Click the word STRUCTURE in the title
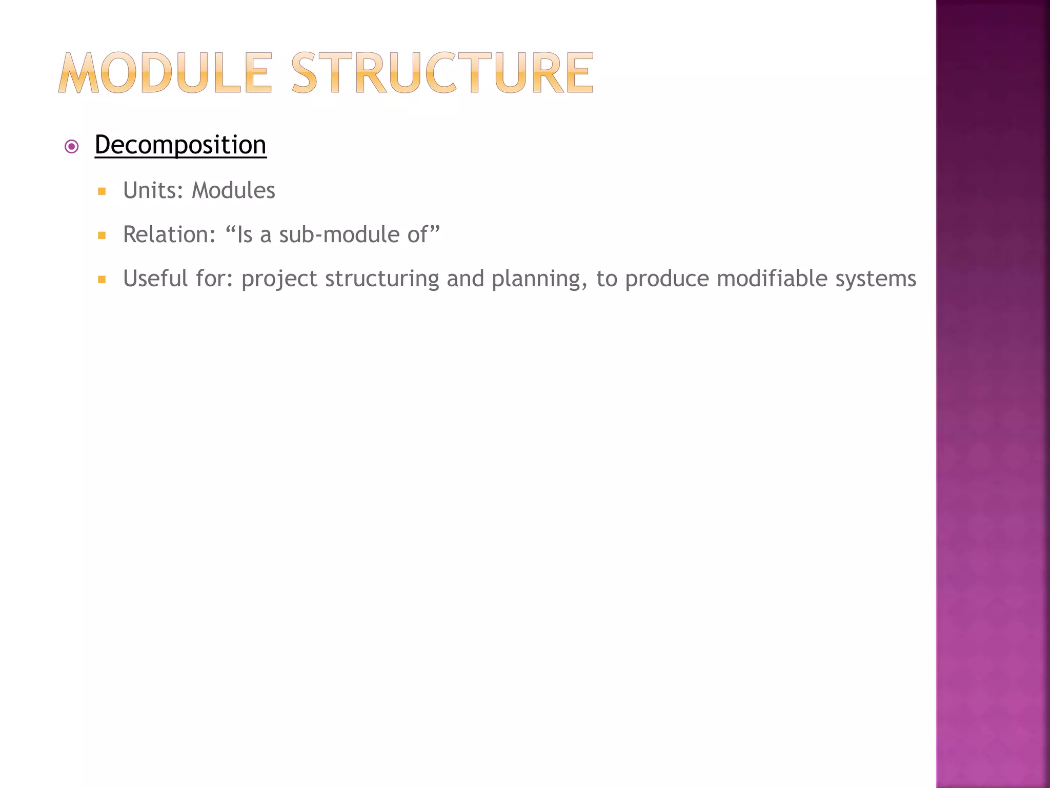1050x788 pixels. click(442, 73)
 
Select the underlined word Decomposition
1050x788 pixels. click(180, 145)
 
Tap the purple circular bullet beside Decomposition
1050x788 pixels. click(72, 147)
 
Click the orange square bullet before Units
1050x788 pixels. click(102, 192)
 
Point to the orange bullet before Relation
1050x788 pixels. click(102, 236)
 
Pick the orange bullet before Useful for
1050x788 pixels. click(102, 280)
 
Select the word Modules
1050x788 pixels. click(233, 191)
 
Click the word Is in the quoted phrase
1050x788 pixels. click(245, 235)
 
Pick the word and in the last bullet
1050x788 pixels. click(465, 279)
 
